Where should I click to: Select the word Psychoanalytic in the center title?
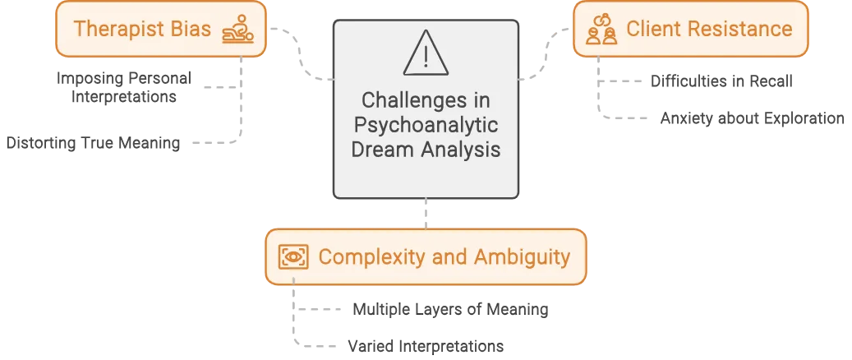426,126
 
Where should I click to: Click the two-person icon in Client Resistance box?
602,29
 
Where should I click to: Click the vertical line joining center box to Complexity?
425,213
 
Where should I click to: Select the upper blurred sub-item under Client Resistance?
722,82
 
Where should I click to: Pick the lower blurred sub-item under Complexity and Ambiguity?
421,346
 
